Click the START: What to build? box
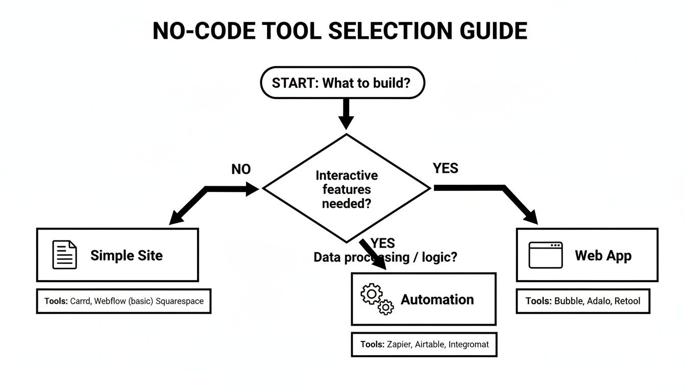point(342,83)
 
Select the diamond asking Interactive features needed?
point(347,189)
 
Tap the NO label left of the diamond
point(241,169)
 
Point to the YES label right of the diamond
point(445,168)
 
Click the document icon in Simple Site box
point(65,255)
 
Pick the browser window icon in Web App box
point(545,255)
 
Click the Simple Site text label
point(127,255)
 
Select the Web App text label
point(603,255)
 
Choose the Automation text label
point(437,300)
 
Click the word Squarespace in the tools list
point(179,301)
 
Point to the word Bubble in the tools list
point(568,301)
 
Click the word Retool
point(627,301)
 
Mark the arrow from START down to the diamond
point(346,115)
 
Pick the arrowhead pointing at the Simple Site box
point(177,218)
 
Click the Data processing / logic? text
point(385,257)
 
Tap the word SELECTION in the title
point(382,31)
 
